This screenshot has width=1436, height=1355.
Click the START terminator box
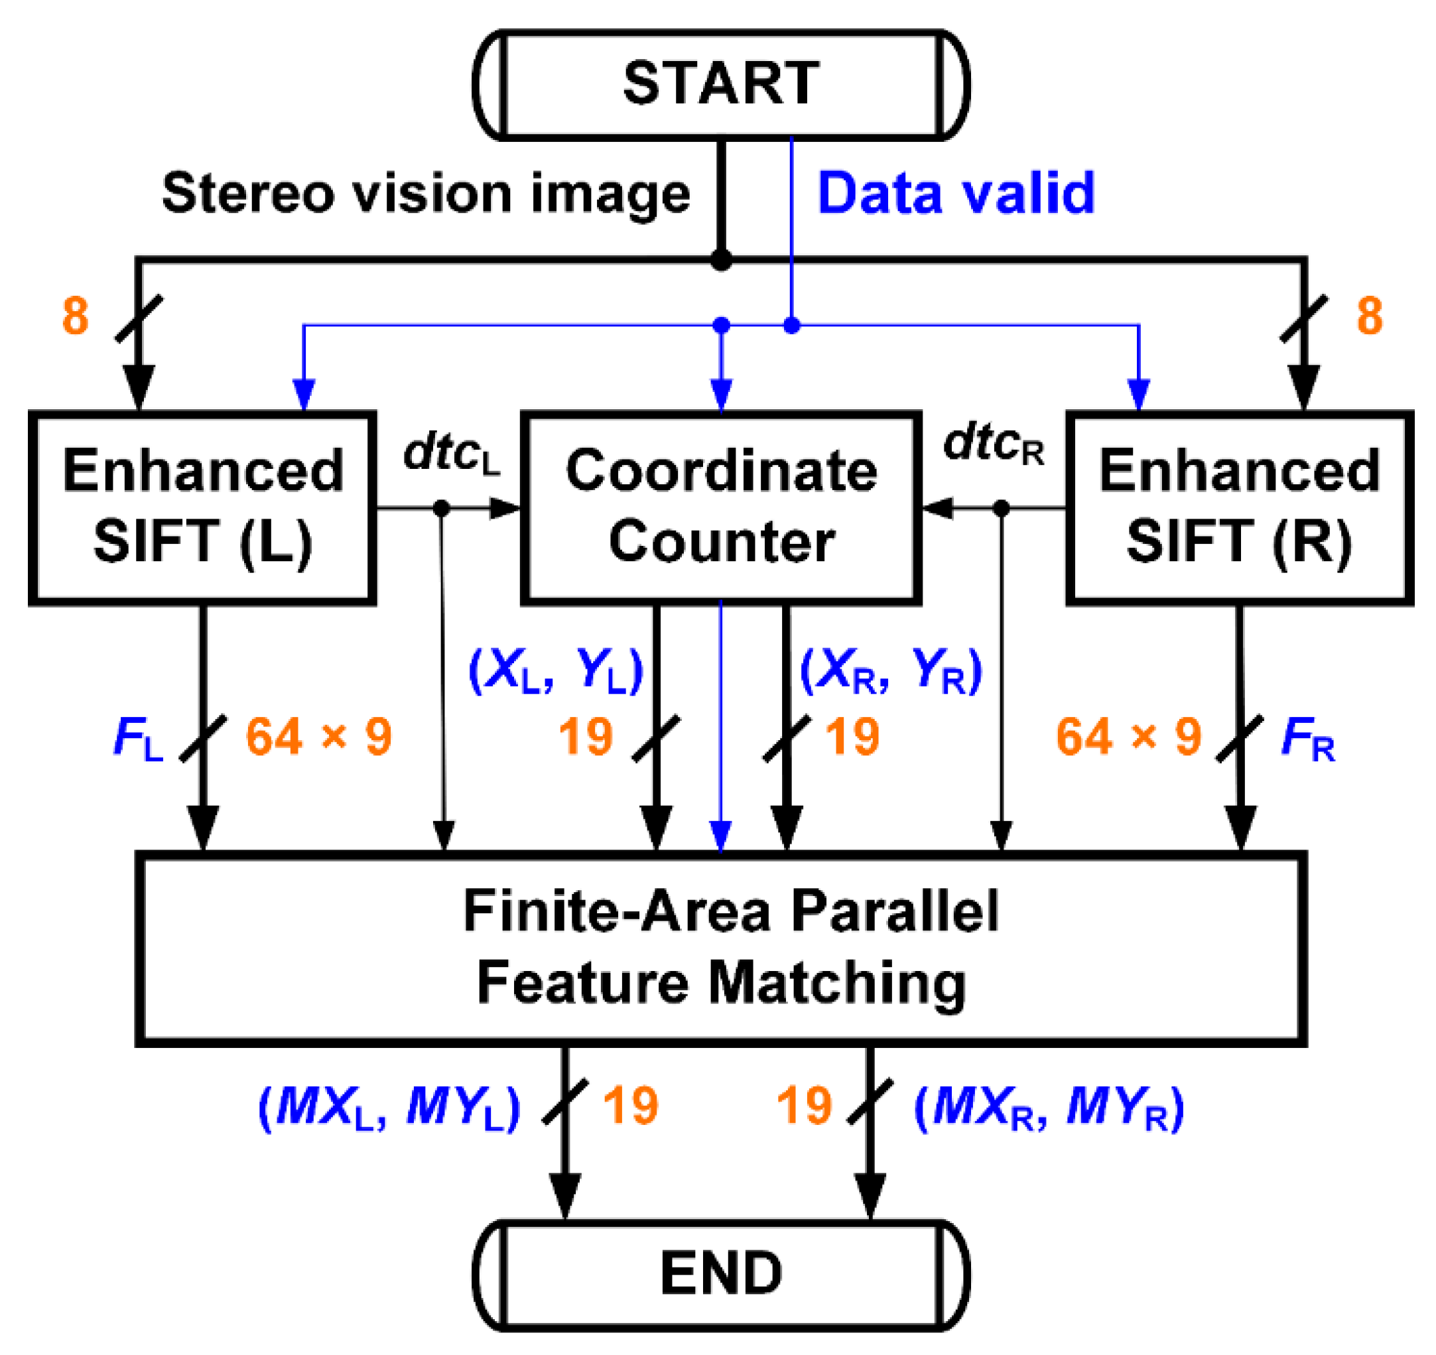(x=720, y=84)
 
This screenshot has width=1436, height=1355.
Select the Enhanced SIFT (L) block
(x=202, y=508)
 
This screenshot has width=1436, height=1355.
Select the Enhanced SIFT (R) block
(x=1240, y=508)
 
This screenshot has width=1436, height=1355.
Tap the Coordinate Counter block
(x=720, y=508)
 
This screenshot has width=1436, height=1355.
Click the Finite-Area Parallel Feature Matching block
(x=720, y=948)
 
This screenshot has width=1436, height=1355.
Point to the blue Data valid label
(x=956, y=194)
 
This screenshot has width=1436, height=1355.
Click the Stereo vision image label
(x=426, y=194)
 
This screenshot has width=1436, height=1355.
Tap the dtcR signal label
(x=993, y=444)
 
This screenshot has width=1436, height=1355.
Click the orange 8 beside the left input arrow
(x=76, y=316)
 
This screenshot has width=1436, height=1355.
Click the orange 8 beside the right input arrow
(x=1370, y=316)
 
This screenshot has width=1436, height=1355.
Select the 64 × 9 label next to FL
(x=318, y=738)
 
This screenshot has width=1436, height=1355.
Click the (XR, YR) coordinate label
(x=891, y=671)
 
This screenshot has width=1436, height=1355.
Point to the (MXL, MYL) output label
(x=389, y=1107)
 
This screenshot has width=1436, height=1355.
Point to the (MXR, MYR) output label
(x=1049, y=1107)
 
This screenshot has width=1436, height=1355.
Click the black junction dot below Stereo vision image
(x=720, y=260)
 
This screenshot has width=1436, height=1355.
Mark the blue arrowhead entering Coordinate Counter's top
(x=721, y=396)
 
